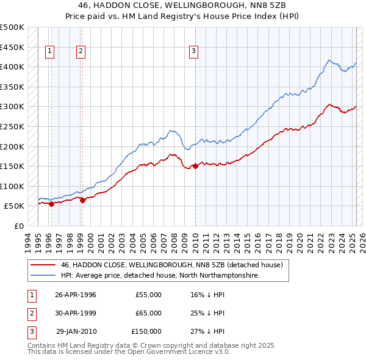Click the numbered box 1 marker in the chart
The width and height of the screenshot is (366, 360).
(49, 52)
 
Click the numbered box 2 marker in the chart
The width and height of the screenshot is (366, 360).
(81, 52)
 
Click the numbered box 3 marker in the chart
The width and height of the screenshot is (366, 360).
(193, 52)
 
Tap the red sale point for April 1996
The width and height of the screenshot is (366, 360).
(51, 204)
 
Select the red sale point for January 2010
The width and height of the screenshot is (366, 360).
(195, 166)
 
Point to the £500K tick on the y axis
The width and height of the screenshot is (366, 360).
(12, 27)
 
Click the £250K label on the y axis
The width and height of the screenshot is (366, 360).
(12, 126)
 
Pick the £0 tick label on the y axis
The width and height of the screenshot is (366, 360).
(19, 226)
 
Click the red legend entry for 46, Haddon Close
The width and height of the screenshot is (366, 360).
(171, 265)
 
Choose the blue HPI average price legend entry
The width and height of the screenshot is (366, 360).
(159, 276)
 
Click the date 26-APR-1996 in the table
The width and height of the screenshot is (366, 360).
(76, 295)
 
